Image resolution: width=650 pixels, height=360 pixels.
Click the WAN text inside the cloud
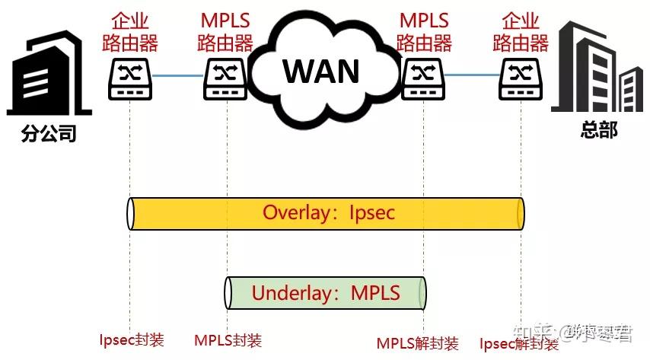(x=321, y=70)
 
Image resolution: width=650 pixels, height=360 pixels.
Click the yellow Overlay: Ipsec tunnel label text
(x=329, y=212)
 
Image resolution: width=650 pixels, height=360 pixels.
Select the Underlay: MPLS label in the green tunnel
(x=325, y=293)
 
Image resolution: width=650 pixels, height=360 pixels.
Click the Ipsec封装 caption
(x=132, y=339)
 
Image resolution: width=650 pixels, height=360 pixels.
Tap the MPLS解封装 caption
(x=417, y=343)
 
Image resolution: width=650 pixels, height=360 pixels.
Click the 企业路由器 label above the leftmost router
(x=130, y=30)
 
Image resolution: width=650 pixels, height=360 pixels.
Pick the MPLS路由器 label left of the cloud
(x=226, y=30)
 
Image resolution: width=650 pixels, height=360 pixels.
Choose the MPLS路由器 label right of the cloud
(x=424, y=30)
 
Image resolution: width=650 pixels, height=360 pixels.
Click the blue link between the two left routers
(x=178, y=75)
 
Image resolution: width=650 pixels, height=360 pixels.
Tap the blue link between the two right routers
(x=472, y=75)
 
